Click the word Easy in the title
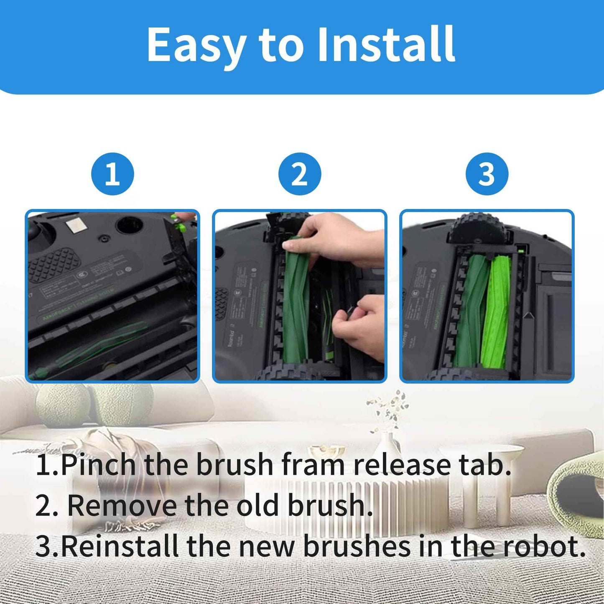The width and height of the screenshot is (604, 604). click(196, 44)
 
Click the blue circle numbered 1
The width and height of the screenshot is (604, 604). click(112, 174)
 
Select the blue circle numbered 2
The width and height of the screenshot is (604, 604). click(300, 174)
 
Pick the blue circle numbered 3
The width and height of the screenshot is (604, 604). click(487, 174)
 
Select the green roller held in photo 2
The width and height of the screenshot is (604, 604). click(297, 301)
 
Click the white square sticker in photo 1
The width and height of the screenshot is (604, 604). click(76, 226)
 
